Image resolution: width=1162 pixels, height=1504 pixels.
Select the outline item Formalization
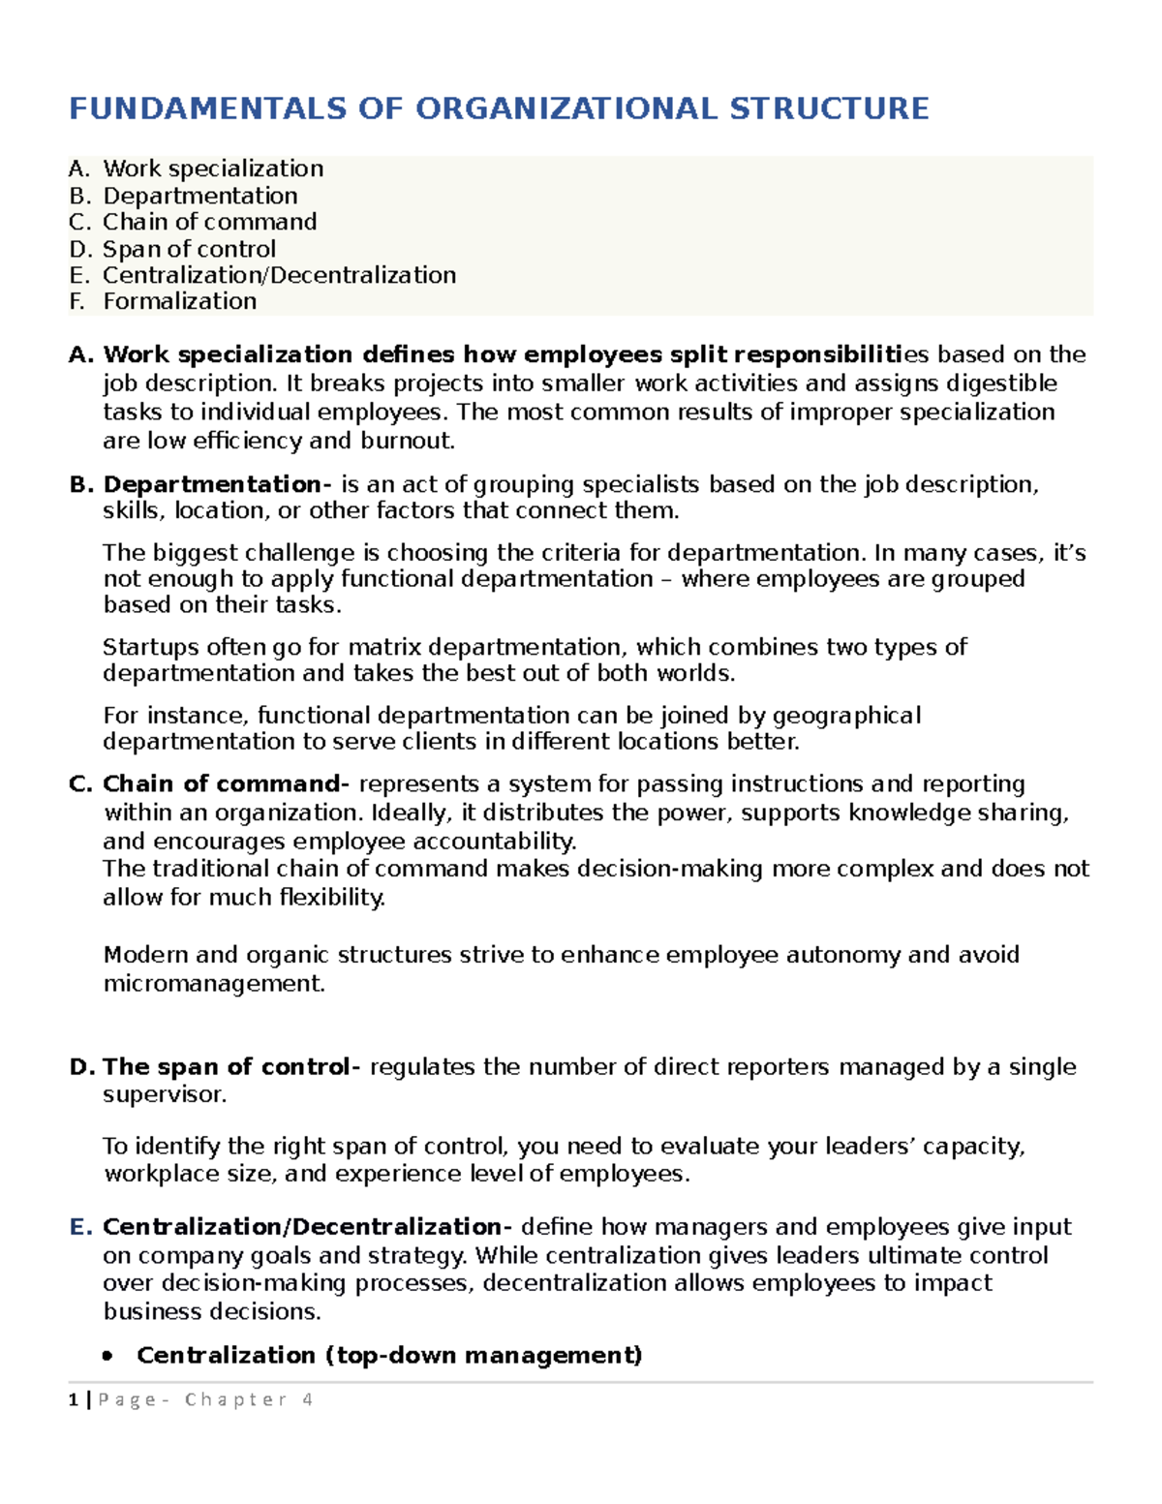(179, 302)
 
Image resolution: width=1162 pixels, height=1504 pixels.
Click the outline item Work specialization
(213, 169)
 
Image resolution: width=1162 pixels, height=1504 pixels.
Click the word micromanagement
(214, 984)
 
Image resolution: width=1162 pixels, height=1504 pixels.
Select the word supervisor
(165, 1095)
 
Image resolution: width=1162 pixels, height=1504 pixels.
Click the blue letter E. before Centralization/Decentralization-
(80, 1227)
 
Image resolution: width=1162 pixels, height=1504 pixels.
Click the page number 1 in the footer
(73, 1400)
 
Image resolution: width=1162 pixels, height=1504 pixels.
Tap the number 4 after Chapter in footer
(307, 1400)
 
